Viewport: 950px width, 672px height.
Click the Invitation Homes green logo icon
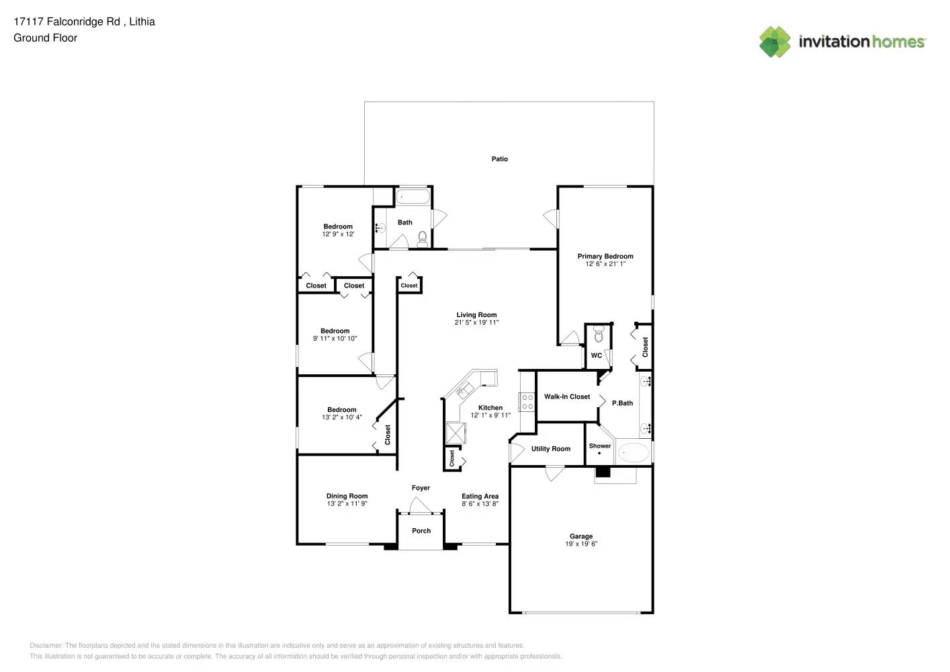775,42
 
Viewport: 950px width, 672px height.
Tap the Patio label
499,159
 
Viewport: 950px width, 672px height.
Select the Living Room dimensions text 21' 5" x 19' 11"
476,323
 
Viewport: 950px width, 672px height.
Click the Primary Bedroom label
605,256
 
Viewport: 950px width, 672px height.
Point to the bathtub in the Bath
413,197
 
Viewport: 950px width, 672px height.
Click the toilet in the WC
599,335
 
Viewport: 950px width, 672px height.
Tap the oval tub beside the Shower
633,452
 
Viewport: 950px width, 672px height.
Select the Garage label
581,536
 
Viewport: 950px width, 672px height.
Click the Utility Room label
550,449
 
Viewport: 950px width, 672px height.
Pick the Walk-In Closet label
567,396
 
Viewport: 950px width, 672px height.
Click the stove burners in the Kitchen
527,402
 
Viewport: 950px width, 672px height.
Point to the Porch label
421,531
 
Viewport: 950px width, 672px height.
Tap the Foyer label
421,488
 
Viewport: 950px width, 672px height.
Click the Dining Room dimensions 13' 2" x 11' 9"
347,504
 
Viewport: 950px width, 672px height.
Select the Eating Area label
480,496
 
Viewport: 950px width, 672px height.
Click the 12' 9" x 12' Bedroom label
338,226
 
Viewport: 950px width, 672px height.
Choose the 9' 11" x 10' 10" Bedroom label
335,331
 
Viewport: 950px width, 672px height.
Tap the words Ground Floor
45,38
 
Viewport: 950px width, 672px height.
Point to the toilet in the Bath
422,238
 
